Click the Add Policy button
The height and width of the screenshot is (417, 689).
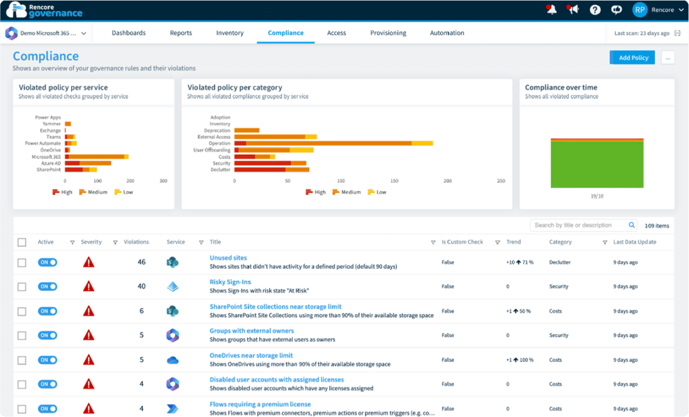click(632, 57)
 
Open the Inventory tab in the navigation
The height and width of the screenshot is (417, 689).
click(230, 33)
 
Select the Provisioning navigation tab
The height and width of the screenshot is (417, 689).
click(388, 33)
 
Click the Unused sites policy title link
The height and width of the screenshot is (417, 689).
click(228, 258)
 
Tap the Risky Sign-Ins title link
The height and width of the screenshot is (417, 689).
click(230, 282)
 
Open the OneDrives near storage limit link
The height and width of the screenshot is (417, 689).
click(251, 356)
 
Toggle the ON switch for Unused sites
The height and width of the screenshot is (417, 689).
click(48, 262)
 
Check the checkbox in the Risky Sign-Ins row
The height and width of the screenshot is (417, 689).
click(22, 287)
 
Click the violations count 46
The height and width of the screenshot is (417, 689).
click(141, 262)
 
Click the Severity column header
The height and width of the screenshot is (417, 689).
click(91, 242)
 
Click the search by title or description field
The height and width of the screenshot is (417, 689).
click(580, 225)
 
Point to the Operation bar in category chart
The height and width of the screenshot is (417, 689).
click(333, 143)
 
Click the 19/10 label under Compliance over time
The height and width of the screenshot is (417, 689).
click(597, 196)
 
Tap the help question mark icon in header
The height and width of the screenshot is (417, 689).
click(595, 10)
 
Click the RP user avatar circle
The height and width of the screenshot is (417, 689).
click(640, 10)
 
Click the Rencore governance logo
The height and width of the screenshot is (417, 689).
click(44, 10)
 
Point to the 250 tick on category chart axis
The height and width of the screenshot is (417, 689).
click(501, 181)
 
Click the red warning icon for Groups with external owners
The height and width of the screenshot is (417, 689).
click(88, 336)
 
